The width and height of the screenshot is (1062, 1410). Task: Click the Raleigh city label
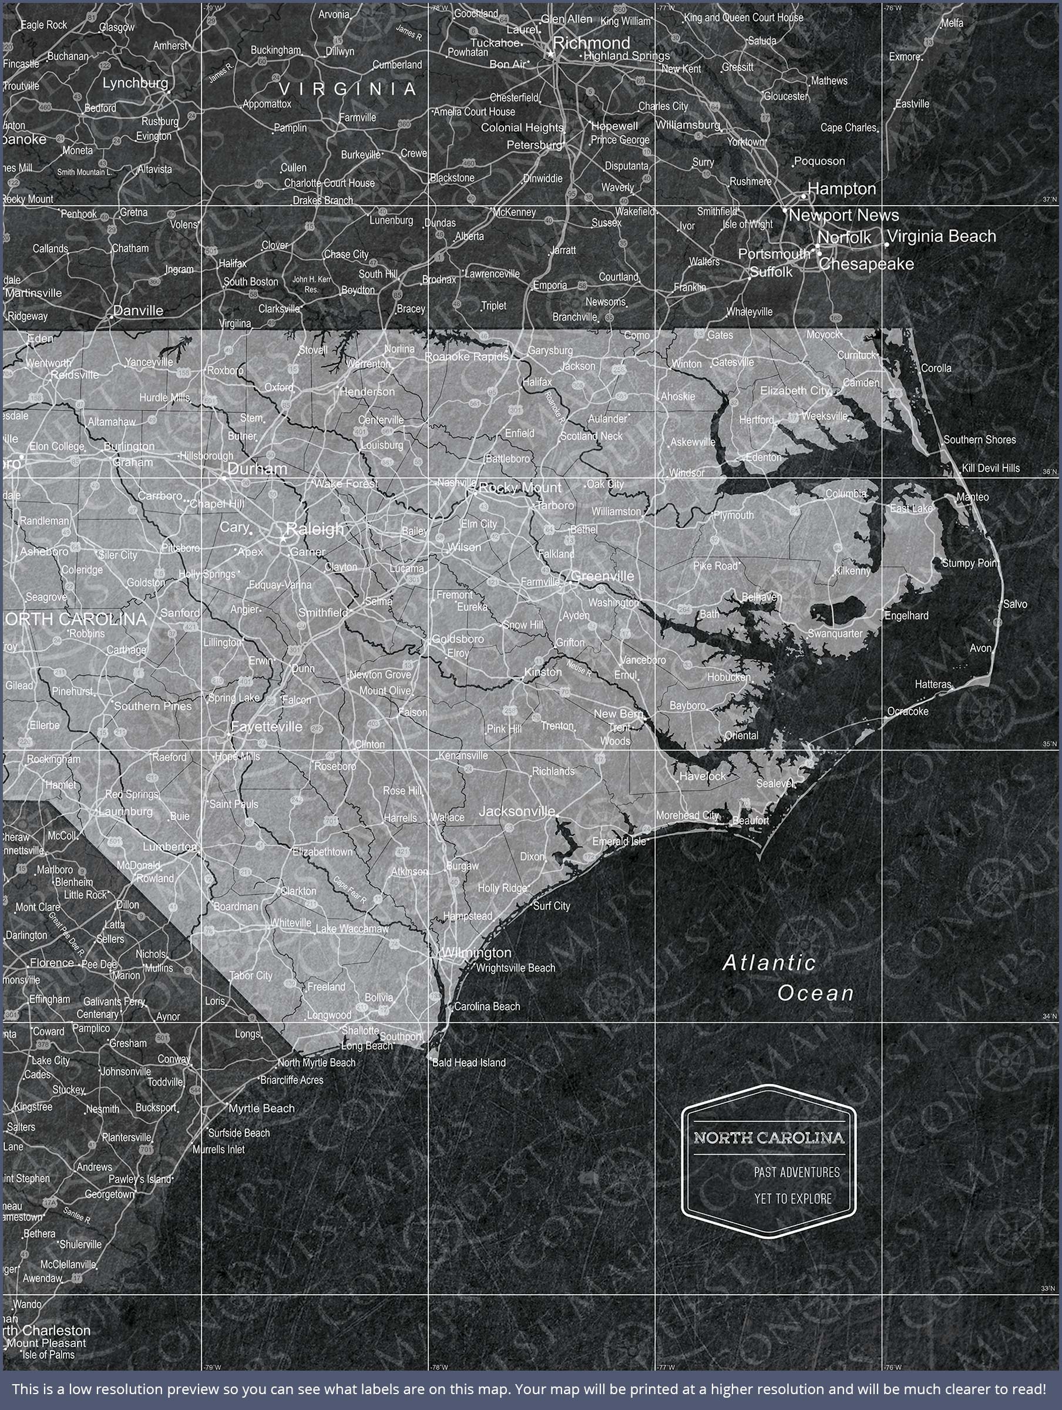pos(315,528)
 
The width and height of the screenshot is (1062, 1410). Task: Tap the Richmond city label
pos(591,43)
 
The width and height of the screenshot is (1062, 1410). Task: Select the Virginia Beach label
pos(942,237)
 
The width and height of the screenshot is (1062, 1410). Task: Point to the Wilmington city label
pos(477,952)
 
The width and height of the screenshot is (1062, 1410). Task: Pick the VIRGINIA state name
pos(347,89)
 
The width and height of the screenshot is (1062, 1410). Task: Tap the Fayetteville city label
pos(267,727)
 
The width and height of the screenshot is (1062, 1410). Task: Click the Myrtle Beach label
pos(261,1109)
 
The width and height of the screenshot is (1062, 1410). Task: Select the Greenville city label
pos(603,576)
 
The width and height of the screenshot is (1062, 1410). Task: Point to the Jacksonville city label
pos(517,811)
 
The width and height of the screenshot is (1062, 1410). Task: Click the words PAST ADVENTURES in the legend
pos(797,1172)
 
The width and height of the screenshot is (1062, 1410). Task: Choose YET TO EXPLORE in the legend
pos(793,1198)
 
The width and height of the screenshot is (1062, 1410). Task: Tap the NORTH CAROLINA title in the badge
pos(769,1138)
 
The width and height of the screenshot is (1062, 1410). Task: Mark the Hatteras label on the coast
pos(933,684)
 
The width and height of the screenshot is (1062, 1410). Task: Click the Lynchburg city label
pos(135,83)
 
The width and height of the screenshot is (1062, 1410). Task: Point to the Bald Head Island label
pos(469,1063)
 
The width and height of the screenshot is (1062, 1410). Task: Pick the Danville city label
pos(137,311)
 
